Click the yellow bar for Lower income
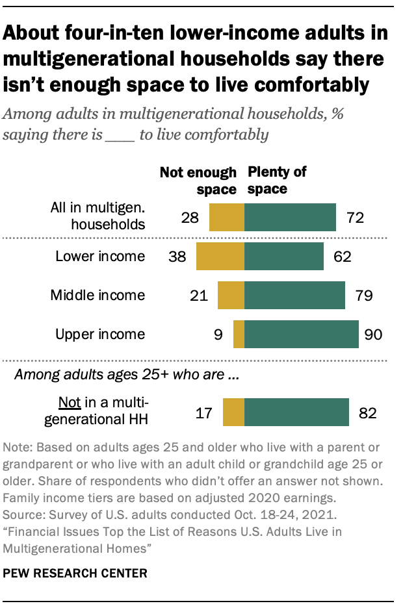(x=220, y=257)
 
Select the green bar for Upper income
(x=301, y=335)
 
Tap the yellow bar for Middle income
(x=231, y=296)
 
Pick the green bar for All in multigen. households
(x=290, y=218)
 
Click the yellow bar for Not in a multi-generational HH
(x=233, y=412)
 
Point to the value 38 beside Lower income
(x=177, y=257)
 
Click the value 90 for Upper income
(x=373, y=335)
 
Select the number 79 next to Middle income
(x=364, y=296)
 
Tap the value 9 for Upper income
(x=218, y=335)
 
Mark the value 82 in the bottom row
(x=368, y=412)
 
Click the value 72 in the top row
(x=355, y=218)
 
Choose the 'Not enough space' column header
(x=198, y=181)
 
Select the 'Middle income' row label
(x=97, y=296)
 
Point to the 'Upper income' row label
(x=100, y=335)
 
